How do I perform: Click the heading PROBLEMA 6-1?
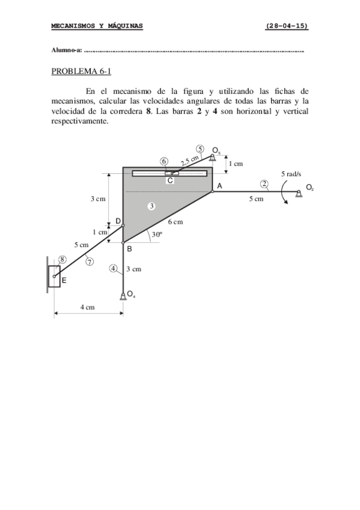pyautogui.click(x=82, y=72)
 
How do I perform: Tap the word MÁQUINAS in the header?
pyautogui.click(x=121, y=26)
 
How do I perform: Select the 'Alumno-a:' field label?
pyautogui.click(x=67, y=51)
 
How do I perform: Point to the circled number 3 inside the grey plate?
pyautogui.click(x=152, y=206)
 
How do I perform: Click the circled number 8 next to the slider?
pyautogui.click(x=62, y=259)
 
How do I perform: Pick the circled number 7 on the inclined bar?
pyautogui.click(x=89, y=262)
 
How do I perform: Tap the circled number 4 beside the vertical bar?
pyautogui.click(x=114, y=268)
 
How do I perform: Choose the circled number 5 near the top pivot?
pyautogui.click(x=200, y=150)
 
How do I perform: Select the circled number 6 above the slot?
pyautogui.click(x=164, y=161)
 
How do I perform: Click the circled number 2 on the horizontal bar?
pyautogui.click(x=264, y=183)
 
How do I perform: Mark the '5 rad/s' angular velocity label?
pyautogui.click(x=291, y=174)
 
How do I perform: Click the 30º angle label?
pyautogui.click(x=157, y=236)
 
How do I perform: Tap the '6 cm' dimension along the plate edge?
pyautogui.click(x=175, y=222)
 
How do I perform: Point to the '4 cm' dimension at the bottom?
pyautogui.click(x=88, y=307)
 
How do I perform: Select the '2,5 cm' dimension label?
pyautogui.click(x=189, y=159)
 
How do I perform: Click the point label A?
pyautogui.click(x=219, y=186)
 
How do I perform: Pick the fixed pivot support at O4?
pyautogui.click(x=123, y=295)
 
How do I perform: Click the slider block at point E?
pyautogui.click(x=54, y=277)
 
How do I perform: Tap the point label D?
pyautogui.click(x=118, y=222)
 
